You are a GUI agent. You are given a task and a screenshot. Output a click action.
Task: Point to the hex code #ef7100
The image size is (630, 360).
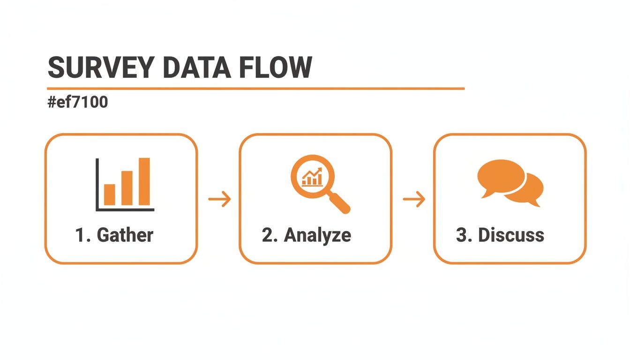(x=78, y=102)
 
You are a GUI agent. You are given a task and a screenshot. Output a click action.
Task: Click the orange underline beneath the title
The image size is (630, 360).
(x=255, y=88)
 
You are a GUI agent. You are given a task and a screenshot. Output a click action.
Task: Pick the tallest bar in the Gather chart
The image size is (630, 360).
(x=144, y=181)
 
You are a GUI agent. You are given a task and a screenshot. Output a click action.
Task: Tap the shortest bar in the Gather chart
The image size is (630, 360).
(x=109, y=195)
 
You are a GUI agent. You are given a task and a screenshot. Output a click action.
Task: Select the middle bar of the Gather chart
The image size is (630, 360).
(x=127, y=188)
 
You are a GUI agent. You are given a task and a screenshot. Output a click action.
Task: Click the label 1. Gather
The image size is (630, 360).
(x=114, y=235)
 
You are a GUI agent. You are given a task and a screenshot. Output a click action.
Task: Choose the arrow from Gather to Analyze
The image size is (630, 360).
(x=219, y=200)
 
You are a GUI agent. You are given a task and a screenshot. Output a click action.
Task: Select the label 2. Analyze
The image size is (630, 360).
(x=307, y=235)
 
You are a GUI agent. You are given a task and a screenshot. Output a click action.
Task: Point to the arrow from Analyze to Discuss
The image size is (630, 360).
(x=414, y=200)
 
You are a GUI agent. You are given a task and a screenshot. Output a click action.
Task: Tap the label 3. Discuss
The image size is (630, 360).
(x=500, y=235)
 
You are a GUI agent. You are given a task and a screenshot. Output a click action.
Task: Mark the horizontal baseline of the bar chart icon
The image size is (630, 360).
(x=126, y=209)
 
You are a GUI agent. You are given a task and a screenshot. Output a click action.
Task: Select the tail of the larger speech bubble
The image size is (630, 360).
(x=486, y=194)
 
